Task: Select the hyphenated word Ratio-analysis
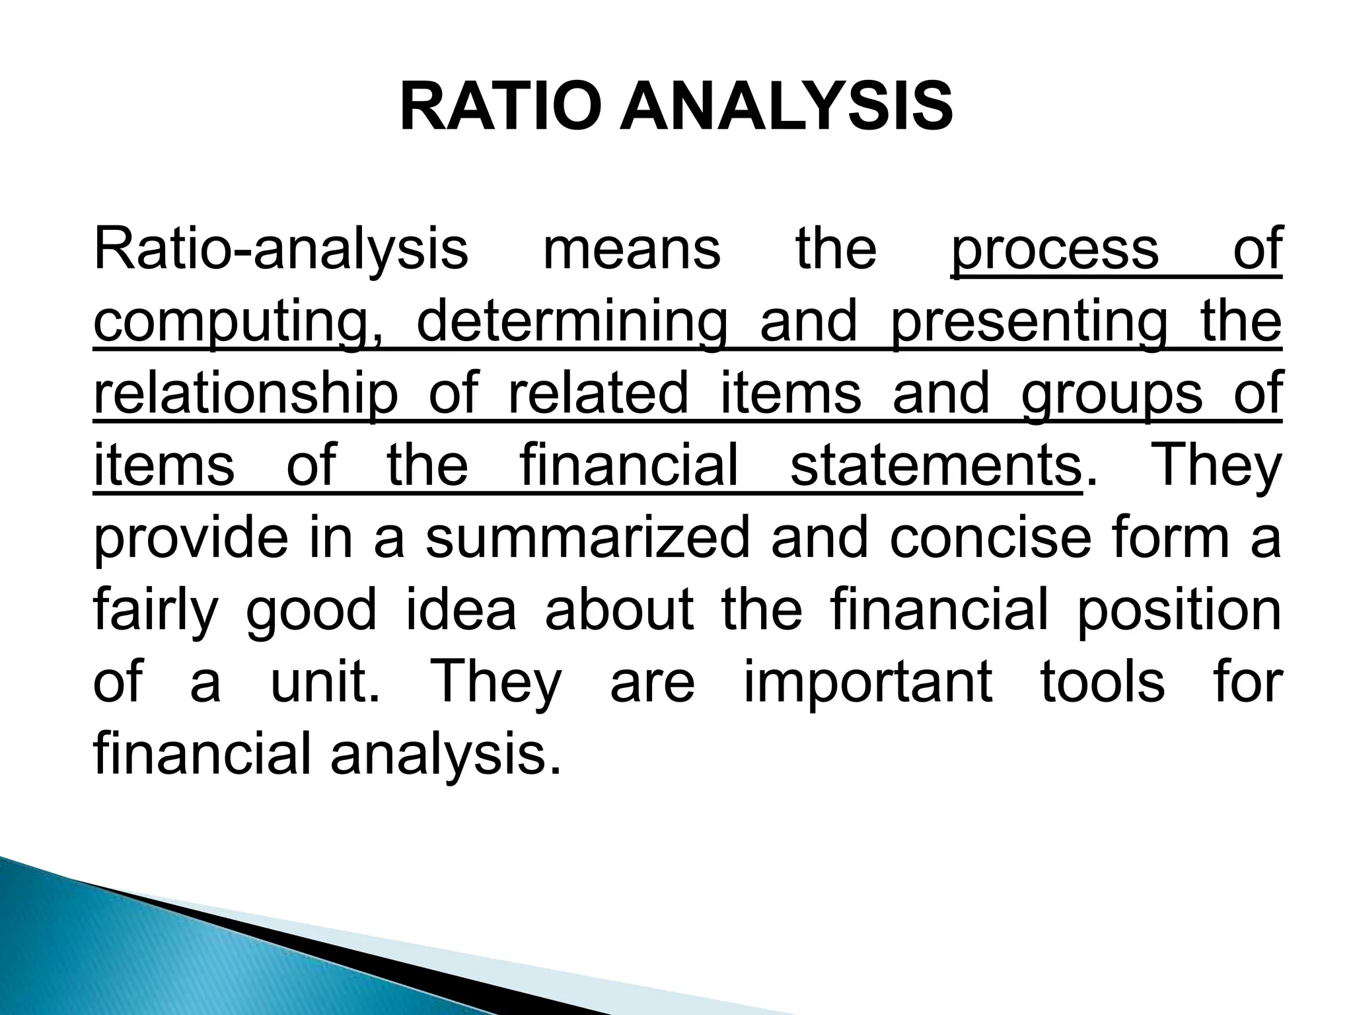(281, 250)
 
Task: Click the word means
(632, 250)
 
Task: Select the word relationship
(246, 395)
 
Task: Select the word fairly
(156, 612)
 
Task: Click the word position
(1179, 612)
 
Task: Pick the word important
(868, 683)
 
